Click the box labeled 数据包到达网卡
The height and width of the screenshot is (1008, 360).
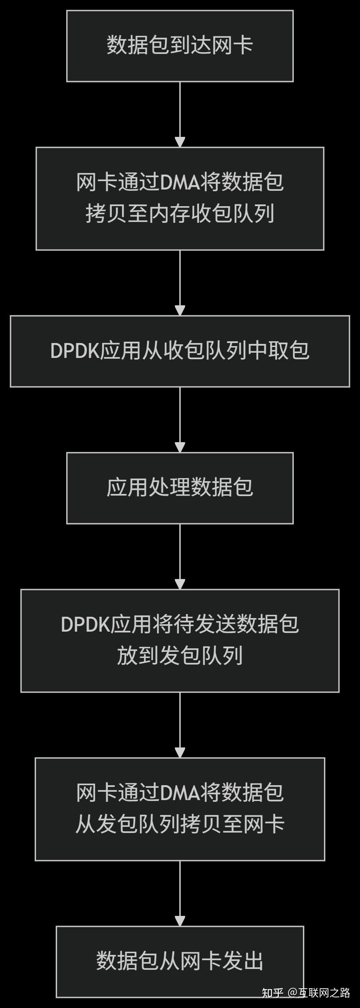coord(180,46)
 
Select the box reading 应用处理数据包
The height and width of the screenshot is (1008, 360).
coord(180,488)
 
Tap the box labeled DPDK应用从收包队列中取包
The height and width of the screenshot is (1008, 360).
coord(180,351)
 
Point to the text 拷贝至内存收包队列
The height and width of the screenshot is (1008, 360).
coord(180,214)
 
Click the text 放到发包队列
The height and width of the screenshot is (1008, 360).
coord(180,656)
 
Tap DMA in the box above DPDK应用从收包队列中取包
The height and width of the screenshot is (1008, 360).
coord(180,182)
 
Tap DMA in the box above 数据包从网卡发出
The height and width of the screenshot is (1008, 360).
coord(180,793)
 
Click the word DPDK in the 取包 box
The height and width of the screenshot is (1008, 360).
coord(75,351)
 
